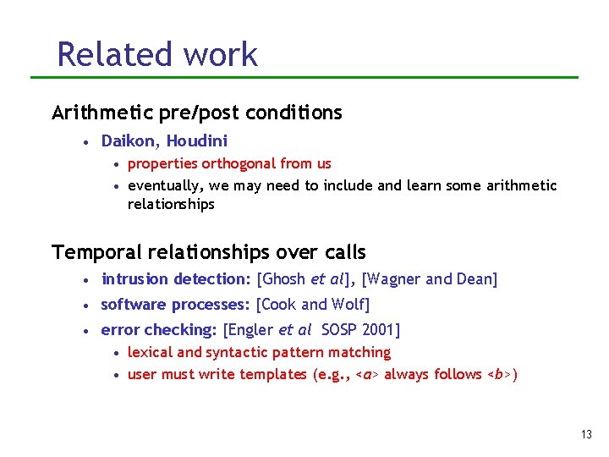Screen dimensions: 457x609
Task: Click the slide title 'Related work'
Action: tap(156, 54)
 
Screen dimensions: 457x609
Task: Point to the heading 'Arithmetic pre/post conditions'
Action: tap(197, 113)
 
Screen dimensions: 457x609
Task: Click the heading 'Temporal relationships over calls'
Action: tap(209, 252)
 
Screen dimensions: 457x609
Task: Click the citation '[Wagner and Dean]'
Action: tap(430, 279)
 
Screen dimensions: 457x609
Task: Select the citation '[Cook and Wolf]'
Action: tap(313, 305)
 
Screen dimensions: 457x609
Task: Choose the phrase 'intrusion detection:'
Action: tap(176, 279)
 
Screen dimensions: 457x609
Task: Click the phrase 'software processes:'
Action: tap(175, 305)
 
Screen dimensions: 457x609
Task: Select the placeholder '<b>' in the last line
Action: tap(497, 374)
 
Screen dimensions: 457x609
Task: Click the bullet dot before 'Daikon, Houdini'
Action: tap(87, 142)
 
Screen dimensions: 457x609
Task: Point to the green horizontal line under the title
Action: tap(304, 78)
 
